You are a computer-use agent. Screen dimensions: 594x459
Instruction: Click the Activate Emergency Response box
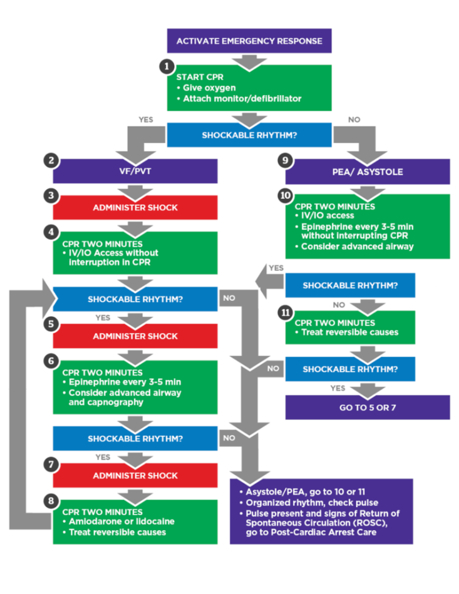[x=249, y=41]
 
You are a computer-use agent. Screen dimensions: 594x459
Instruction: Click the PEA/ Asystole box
[x=368, y=172]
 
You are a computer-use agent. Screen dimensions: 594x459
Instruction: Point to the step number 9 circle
[x=285, y=161]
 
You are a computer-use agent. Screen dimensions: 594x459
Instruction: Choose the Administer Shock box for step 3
[x=135, y=207]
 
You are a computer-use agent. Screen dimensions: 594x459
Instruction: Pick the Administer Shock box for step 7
[x=135, y=476]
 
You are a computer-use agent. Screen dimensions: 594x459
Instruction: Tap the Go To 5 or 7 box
[x=368, y=407]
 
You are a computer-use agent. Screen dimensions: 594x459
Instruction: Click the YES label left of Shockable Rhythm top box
[x=147, y=120]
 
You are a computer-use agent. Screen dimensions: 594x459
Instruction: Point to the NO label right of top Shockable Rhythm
[x=354, y=120]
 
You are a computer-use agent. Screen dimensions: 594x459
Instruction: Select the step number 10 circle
[x=285, y=195]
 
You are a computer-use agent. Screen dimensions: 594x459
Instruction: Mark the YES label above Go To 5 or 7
[x=338, y=388]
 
